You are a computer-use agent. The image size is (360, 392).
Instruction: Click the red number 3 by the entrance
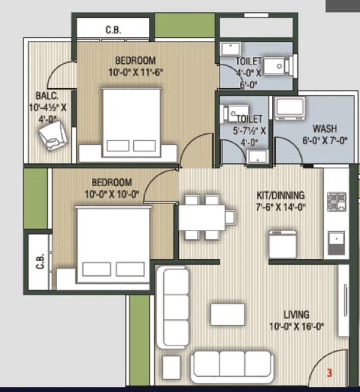tap(329, 373)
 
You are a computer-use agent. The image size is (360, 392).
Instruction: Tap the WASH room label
tap(325, 129)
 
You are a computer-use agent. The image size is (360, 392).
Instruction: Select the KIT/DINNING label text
tap(280, 195)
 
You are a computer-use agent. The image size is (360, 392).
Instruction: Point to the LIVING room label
tap(297, 314)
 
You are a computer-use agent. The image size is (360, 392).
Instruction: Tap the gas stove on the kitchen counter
tap(337, 202)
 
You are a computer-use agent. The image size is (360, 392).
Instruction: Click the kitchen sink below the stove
tap(336, 243)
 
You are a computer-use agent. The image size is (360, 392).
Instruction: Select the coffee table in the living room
tap(227, 315)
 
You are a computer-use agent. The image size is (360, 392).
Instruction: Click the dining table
tap(202, 217)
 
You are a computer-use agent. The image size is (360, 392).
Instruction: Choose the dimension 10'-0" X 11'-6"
tap(136, 72)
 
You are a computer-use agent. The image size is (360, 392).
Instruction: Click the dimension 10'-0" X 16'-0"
tap(297, 326)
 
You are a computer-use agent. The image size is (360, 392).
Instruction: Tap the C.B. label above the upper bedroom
tap(114, 30)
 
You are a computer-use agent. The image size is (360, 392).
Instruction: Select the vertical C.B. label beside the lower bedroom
tap(41, 261)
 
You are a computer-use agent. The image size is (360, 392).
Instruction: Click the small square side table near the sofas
tap(172, 367)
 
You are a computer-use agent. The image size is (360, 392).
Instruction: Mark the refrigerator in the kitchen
tap(283, 244)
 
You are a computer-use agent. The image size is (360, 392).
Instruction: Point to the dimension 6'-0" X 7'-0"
tap(325, 140)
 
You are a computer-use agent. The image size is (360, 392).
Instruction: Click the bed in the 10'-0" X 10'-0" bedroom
tap(113, 245)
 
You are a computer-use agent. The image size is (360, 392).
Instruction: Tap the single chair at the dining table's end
tap(230, 217)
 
